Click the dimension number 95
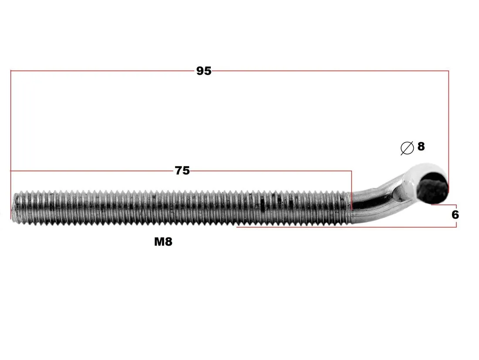[x=204, y=71]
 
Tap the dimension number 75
[x=182, y=170]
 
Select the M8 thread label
[x=163, y=241]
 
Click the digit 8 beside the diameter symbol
[x=421, y=146]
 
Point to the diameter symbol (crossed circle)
[x=407, y=148]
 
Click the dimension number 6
[x=455, y=215]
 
